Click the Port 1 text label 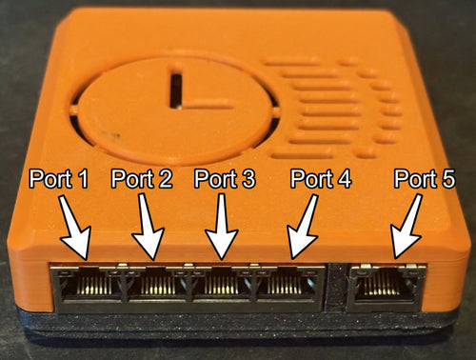coord(59,179)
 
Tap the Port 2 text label coord(142,179)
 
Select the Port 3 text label coord(225,179)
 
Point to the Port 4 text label coord(321,179)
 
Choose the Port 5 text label coord(425,179)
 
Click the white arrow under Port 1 coord(74,227)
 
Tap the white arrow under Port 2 coord(148,227)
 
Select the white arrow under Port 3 coord(222,227)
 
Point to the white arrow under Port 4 coord(303,227)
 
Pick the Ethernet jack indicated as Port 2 coord(158,284)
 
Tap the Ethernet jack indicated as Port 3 coord(222,284)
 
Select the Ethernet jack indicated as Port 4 coord(288,284)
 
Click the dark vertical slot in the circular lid coord(176,91)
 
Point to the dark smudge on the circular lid coord(111,135)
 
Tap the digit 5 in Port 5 coord(447,179)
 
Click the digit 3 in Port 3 coord(248,179)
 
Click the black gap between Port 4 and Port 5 coord(337,288)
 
